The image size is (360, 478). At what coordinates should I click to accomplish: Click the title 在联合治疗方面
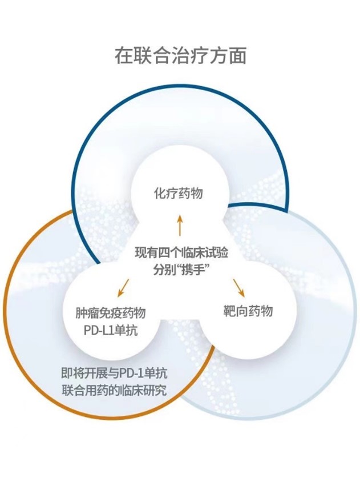[x=180, y=56]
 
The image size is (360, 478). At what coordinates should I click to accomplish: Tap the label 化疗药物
[x=178, y=193]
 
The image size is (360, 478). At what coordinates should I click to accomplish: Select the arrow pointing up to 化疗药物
[x=180, y=225]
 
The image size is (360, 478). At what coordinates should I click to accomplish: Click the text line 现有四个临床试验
[x=181, y=253]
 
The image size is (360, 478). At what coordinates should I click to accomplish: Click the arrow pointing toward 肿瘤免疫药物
[x=123, y=288]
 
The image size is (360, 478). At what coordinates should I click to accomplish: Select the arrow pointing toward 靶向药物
[x=239, y=287]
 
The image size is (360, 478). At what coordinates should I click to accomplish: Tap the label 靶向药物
[x=248, y=311]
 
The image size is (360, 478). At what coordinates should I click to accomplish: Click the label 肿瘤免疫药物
[x=111, y=313]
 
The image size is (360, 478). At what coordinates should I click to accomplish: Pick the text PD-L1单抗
[x=111, y=331]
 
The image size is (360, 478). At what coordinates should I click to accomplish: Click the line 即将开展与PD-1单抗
[x=114, y=373]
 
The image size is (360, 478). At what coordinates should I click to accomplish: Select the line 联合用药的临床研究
[x=114, y=391]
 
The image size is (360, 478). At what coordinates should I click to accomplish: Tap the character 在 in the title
[x=123, y=56]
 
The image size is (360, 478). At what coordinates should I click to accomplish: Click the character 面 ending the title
[x=237, y=56]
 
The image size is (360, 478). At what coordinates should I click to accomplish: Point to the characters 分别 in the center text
[x=161, y=270]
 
